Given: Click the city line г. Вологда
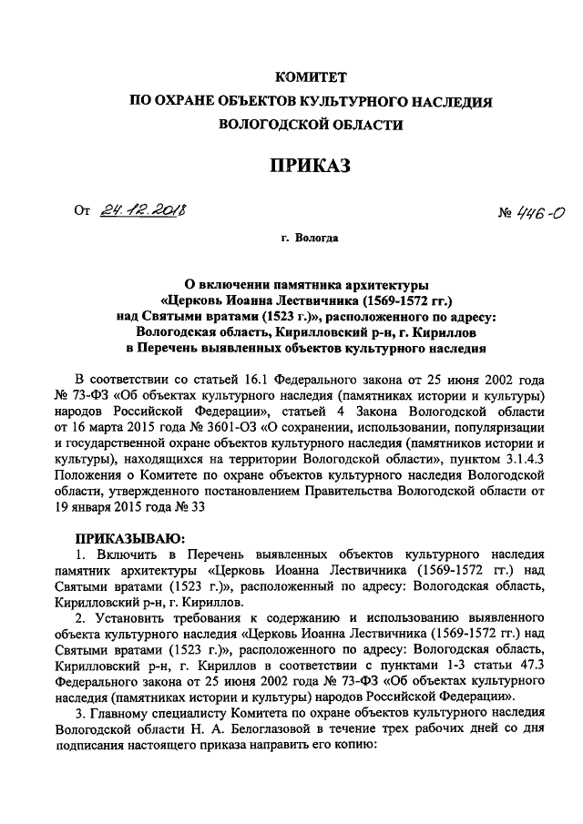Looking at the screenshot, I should tap(311, 239).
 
